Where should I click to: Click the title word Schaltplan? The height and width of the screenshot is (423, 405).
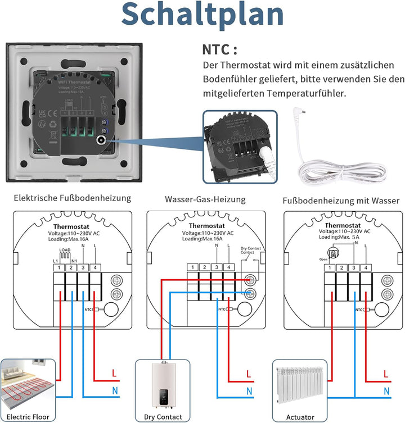point(202,16)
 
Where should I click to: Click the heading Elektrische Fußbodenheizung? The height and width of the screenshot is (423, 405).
point(72,198)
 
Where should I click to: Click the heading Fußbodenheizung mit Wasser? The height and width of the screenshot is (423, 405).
point(341,200)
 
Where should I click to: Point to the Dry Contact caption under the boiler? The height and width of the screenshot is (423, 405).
point(163,417)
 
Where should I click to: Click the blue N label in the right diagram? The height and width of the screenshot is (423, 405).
point(386,390)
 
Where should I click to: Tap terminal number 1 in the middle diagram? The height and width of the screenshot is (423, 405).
point(193,267)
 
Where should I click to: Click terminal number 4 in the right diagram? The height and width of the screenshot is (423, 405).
point(366,267)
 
